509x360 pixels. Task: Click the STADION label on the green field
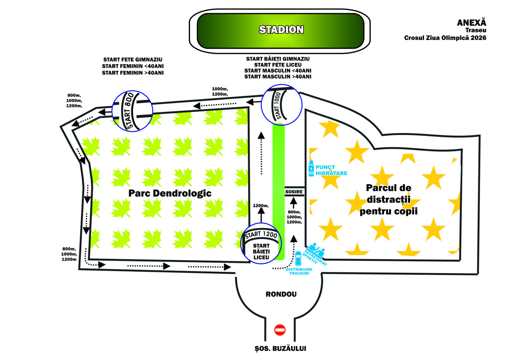pos(281,29)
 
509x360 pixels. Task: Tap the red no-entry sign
pos(280,330)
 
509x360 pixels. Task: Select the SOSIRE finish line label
pos(294,192)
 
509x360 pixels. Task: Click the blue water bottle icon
pos(311,168)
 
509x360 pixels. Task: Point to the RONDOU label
pos(281,294)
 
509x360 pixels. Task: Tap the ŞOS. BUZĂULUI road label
pos(281,349)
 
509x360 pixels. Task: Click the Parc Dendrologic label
pos(170,193)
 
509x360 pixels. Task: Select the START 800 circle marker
pos(133,111)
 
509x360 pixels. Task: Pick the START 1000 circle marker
pos(282,105)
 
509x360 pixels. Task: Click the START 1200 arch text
pos(261,234)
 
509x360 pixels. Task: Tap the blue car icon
pos(298,259)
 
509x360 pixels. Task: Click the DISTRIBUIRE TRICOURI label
pos(299,271)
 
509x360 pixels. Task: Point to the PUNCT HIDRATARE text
pos(331,170)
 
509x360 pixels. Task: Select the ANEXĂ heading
pos(472,23)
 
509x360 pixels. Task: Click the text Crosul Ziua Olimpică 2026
pos(445,38)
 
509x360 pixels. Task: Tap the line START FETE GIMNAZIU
pos(133,59)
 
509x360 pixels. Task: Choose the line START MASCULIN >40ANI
pos(278,77)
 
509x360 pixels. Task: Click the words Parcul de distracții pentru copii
pos(388,200)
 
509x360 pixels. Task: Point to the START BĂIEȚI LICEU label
pos(261,251)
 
